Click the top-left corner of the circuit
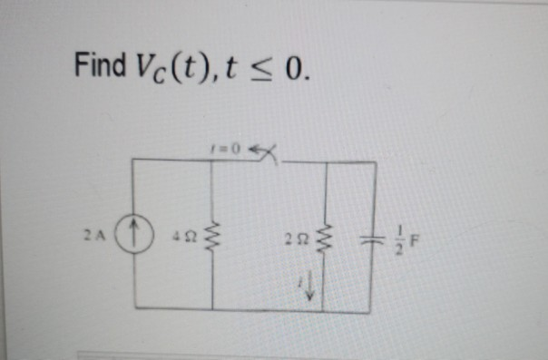click(134, 161)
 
